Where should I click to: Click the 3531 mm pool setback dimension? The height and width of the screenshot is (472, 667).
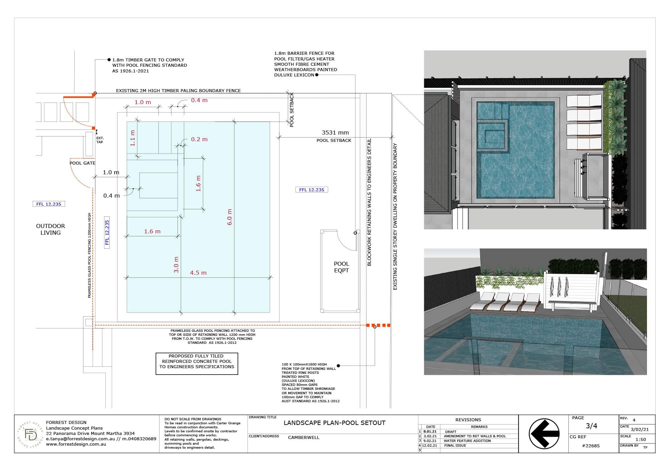tap(335, 133)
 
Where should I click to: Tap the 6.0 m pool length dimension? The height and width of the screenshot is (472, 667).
tap(229, 217)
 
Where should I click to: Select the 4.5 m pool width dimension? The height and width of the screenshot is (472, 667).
tap(198, 273)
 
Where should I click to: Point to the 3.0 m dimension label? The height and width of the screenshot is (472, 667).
tap(176, 264)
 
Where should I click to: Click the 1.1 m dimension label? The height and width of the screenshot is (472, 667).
tap(132, 138)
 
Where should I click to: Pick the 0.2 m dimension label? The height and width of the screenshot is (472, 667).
tap(199, 139)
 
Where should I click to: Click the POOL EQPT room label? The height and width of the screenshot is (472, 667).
tap(342, 267)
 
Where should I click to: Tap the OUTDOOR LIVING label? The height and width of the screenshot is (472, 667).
tap(50, 229)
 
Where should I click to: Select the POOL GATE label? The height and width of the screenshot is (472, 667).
tap(82, 163)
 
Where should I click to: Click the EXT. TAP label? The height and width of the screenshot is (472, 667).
tap(100, 140)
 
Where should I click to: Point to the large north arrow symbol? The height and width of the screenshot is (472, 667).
tap(544, 434)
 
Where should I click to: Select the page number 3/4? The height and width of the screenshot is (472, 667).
tap(591, 426)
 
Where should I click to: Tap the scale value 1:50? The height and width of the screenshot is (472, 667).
tap(640, 439)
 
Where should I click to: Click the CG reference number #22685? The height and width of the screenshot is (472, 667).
tap(591, 446)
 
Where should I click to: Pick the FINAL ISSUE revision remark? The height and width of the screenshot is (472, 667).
tap(455, 445)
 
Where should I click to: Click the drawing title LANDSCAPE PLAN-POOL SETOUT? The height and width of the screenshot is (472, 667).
tap(335, 423)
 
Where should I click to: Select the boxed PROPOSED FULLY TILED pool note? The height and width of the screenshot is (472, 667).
tap(197, 364)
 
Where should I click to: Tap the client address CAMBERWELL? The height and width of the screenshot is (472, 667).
tap(303, 437)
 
